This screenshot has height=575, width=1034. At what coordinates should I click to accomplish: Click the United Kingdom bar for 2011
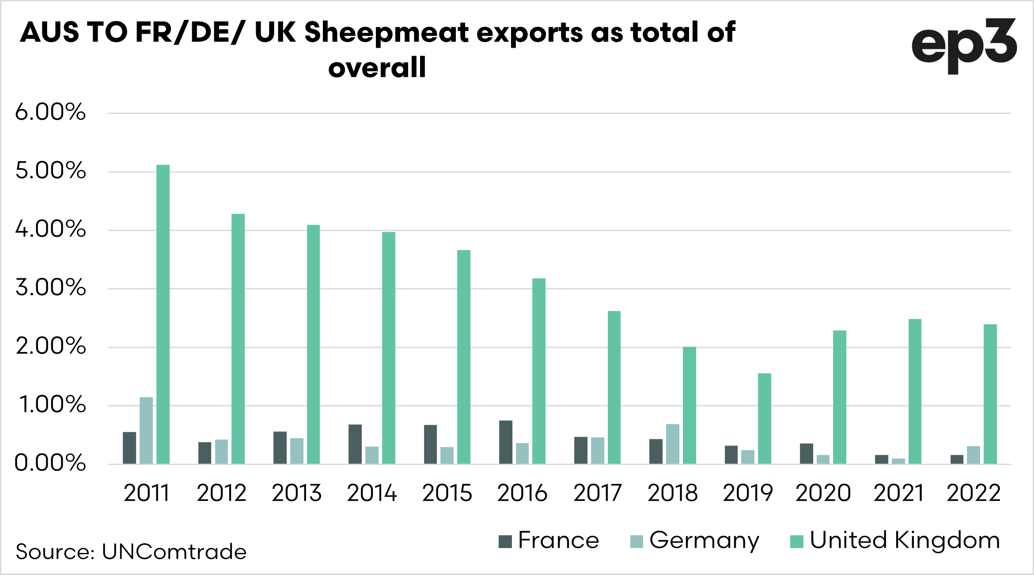point(163,314)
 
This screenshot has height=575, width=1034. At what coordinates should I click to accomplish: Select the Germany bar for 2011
point(146,430)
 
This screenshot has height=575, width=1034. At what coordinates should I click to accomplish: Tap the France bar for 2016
point(506,442)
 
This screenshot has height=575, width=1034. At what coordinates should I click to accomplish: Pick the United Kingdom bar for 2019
point(765,418)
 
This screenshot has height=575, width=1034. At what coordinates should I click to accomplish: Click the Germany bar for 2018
point(673,443)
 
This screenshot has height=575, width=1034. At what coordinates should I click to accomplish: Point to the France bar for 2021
point(882,459)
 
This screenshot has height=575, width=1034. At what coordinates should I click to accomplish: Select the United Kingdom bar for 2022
point(990,394)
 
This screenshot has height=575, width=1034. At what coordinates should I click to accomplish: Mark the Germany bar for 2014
point(372,455)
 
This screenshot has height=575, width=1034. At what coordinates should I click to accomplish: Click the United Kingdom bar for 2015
point(464,357)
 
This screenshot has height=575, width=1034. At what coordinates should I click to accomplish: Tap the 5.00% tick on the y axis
point(50,171)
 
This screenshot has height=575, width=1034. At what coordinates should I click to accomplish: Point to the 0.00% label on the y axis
point(50,463)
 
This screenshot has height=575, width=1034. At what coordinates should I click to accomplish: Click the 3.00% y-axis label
point(50,288)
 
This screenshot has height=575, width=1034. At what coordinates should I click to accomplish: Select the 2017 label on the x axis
point(598,493)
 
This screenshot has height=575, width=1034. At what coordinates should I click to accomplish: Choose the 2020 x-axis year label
point(823,493)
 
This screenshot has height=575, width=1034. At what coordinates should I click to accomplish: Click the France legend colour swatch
point(505,541)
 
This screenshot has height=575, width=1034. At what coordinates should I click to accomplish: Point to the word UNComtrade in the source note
point(174,552)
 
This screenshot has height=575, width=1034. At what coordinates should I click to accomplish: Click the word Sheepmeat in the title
point(386,33)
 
